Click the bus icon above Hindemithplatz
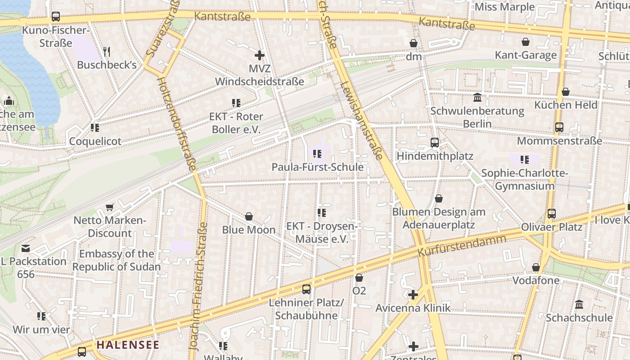point(435,143)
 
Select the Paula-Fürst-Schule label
point(317,167)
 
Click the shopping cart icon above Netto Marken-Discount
point(109,207)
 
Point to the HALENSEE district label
point(128,345)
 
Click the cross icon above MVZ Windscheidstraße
point(260,55)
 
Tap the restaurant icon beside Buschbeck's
point(107,51)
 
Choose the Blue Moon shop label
point(248,230)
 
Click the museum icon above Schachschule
point(579,304)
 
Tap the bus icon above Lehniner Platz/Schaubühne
point(306,289)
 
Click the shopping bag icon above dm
point(414,43)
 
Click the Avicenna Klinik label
point(413,308)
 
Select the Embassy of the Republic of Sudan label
point(116,260)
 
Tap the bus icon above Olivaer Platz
point(552,214)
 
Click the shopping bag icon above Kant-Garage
point(526,42)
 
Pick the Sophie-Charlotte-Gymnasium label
point(524,180)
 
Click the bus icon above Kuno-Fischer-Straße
point(56,17)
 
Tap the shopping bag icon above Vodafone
point(536,268)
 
